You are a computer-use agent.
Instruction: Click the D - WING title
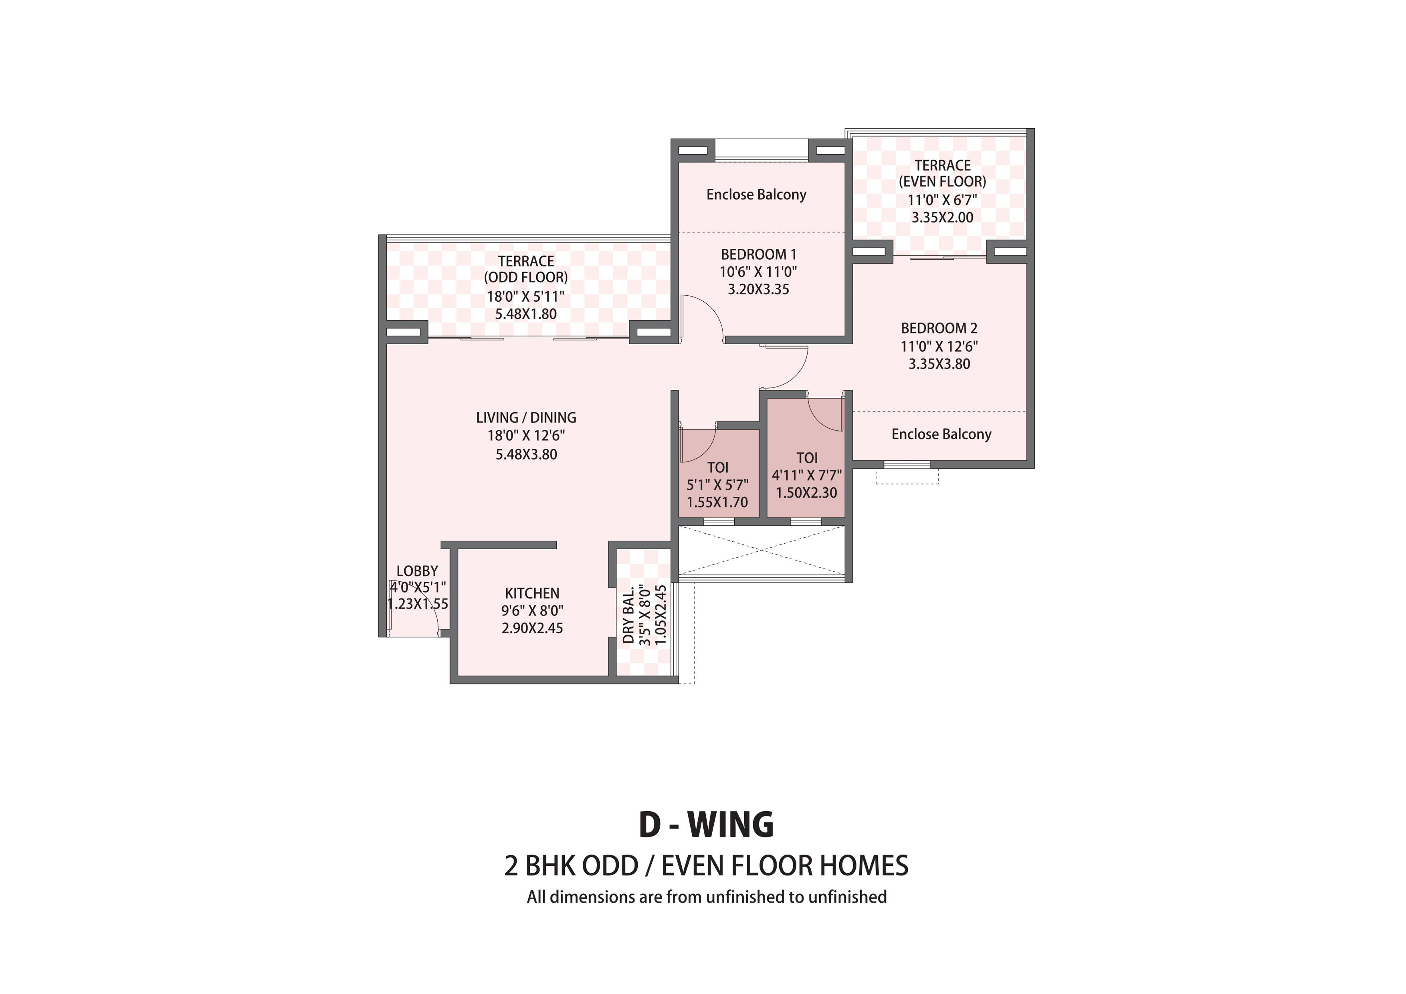(706, 825)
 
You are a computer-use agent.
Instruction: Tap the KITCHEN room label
(532, 593)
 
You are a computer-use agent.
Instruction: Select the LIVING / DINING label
(526, 417)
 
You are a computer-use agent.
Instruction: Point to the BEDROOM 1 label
(758, 254)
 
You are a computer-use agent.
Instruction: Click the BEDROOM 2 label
(939, 328)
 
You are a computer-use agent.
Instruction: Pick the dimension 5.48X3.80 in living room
(526, 454)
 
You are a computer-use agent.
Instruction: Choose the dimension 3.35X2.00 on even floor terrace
(942, 217)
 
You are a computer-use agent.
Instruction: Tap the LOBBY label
(417, 571)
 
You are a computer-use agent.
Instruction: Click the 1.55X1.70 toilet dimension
(717, 502)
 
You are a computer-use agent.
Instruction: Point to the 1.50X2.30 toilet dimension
(806, 493)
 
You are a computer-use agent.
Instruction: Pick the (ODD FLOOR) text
(526, 277)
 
